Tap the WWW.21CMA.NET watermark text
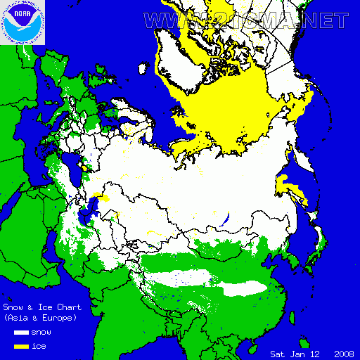point(246,20)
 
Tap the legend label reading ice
point(39,347)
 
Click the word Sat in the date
point(278,353)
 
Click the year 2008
point(344,353)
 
